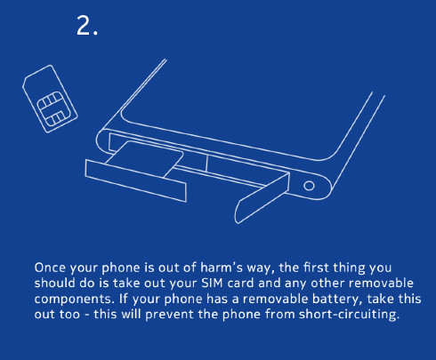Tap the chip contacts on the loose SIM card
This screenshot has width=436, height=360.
point(52,108)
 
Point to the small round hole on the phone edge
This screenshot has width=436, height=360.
point(309,186)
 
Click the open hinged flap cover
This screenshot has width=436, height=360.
point(262,198)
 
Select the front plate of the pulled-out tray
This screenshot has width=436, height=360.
point(136,180)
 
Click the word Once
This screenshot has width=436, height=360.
point(50,268)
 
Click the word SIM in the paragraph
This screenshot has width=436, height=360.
point(212,283)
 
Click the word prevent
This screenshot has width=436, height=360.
point(169,315)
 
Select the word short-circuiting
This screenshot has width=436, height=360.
point(349,314)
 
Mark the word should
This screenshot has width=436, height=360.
point(54,283)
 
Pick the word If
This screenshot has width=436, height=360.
point(123,299)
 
